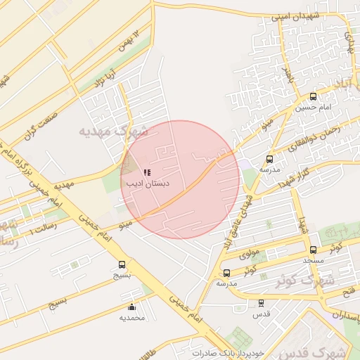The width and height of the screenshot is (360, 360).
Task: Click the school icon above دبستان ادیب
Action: pyautogui.click(x=147, y=172)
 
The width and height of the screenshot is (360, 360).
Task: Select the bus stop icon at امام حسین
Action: pyautogui.click(x=313, y=96)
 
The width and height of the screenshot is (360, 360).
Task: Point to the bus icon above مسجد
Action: pyautogui.click(x=313, y=250)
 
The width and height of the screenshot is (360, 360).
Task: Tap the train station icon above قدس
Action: pyautogui.click(x=261, y=303)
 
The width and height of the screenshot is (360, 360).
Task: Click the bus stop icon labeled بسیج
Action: pyautogui.click(x=122, y=265)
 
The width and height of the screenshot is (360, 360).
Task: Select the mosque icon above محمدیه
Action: pyautogui.click(x=131, y=307)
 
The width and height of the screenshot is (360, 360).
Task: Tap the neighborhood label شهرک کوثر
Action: pyautogui.click(x=284, y=281)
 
